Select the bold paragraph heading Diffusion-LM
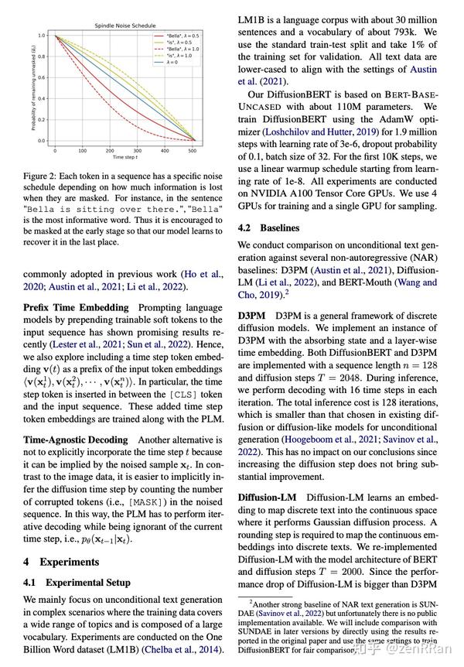268,496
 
